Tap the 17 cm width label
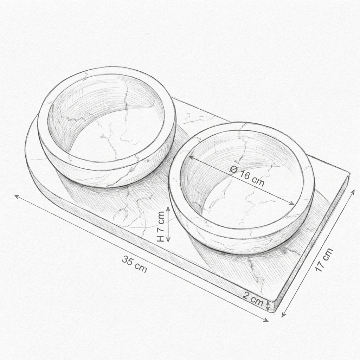pos(324,260)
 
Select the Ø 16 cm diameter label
pos(247,176)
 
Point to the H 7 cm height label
pos(160,226)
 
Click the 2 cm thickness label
pos(253,299)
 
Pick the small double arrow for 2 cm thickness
pos(268,306)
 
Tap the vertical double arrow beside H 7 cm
pos(168,224)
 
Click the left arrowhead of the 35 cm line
pos(17,196)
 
